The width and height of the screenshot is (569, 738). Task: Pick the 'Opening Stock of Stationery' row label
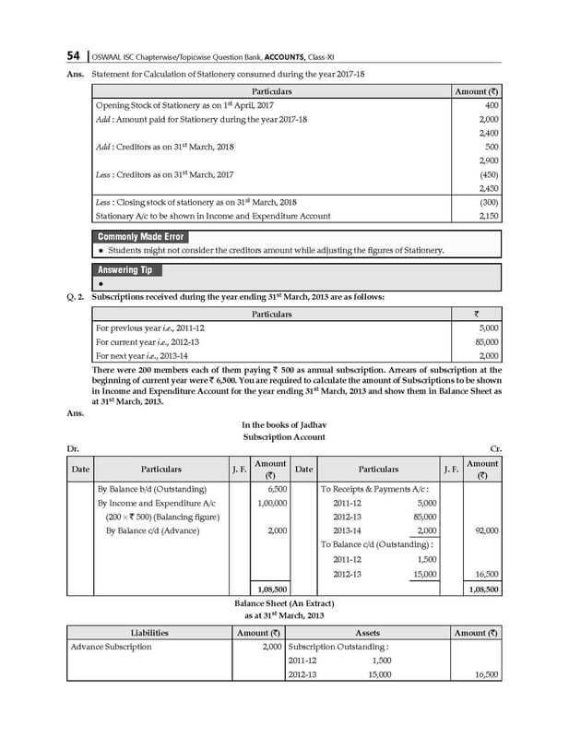(x=162, y=107)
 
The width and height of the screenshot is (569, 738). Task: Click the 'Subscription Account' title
(x=283, y=436)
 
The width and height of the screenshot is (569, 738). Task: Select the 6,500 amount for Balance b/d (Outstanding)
(x=276, y=489)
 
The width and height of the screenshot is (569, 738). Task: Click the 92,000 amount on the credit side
(x=484, y=530)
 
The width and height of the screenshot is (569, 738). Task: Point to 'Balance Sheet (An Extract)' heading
(x=282, y=601)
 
